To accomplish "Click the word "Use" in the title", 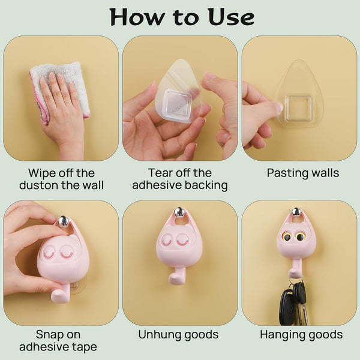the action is (x=231, y=17).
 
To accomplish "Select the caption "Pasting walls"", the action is (x=303, y=173).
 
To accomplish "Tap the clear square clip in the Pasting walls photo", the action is (x=298, y=108).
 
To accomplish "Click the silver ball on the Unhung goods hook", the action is (x=179, y=212).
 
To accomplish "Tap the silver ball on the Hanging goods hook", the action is (x=296, y=212).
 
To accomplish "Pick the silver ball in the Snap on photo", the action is (x=62, y=221).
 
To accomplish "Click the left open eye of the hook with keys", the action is (x=287, y=237).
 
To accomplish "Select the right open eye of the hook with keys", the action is (x=299, y=237).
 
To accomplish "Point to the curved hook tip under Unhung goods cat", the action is (x=173, y=278).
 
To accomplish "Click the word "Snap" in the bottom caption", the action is (x=48, y=335).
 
